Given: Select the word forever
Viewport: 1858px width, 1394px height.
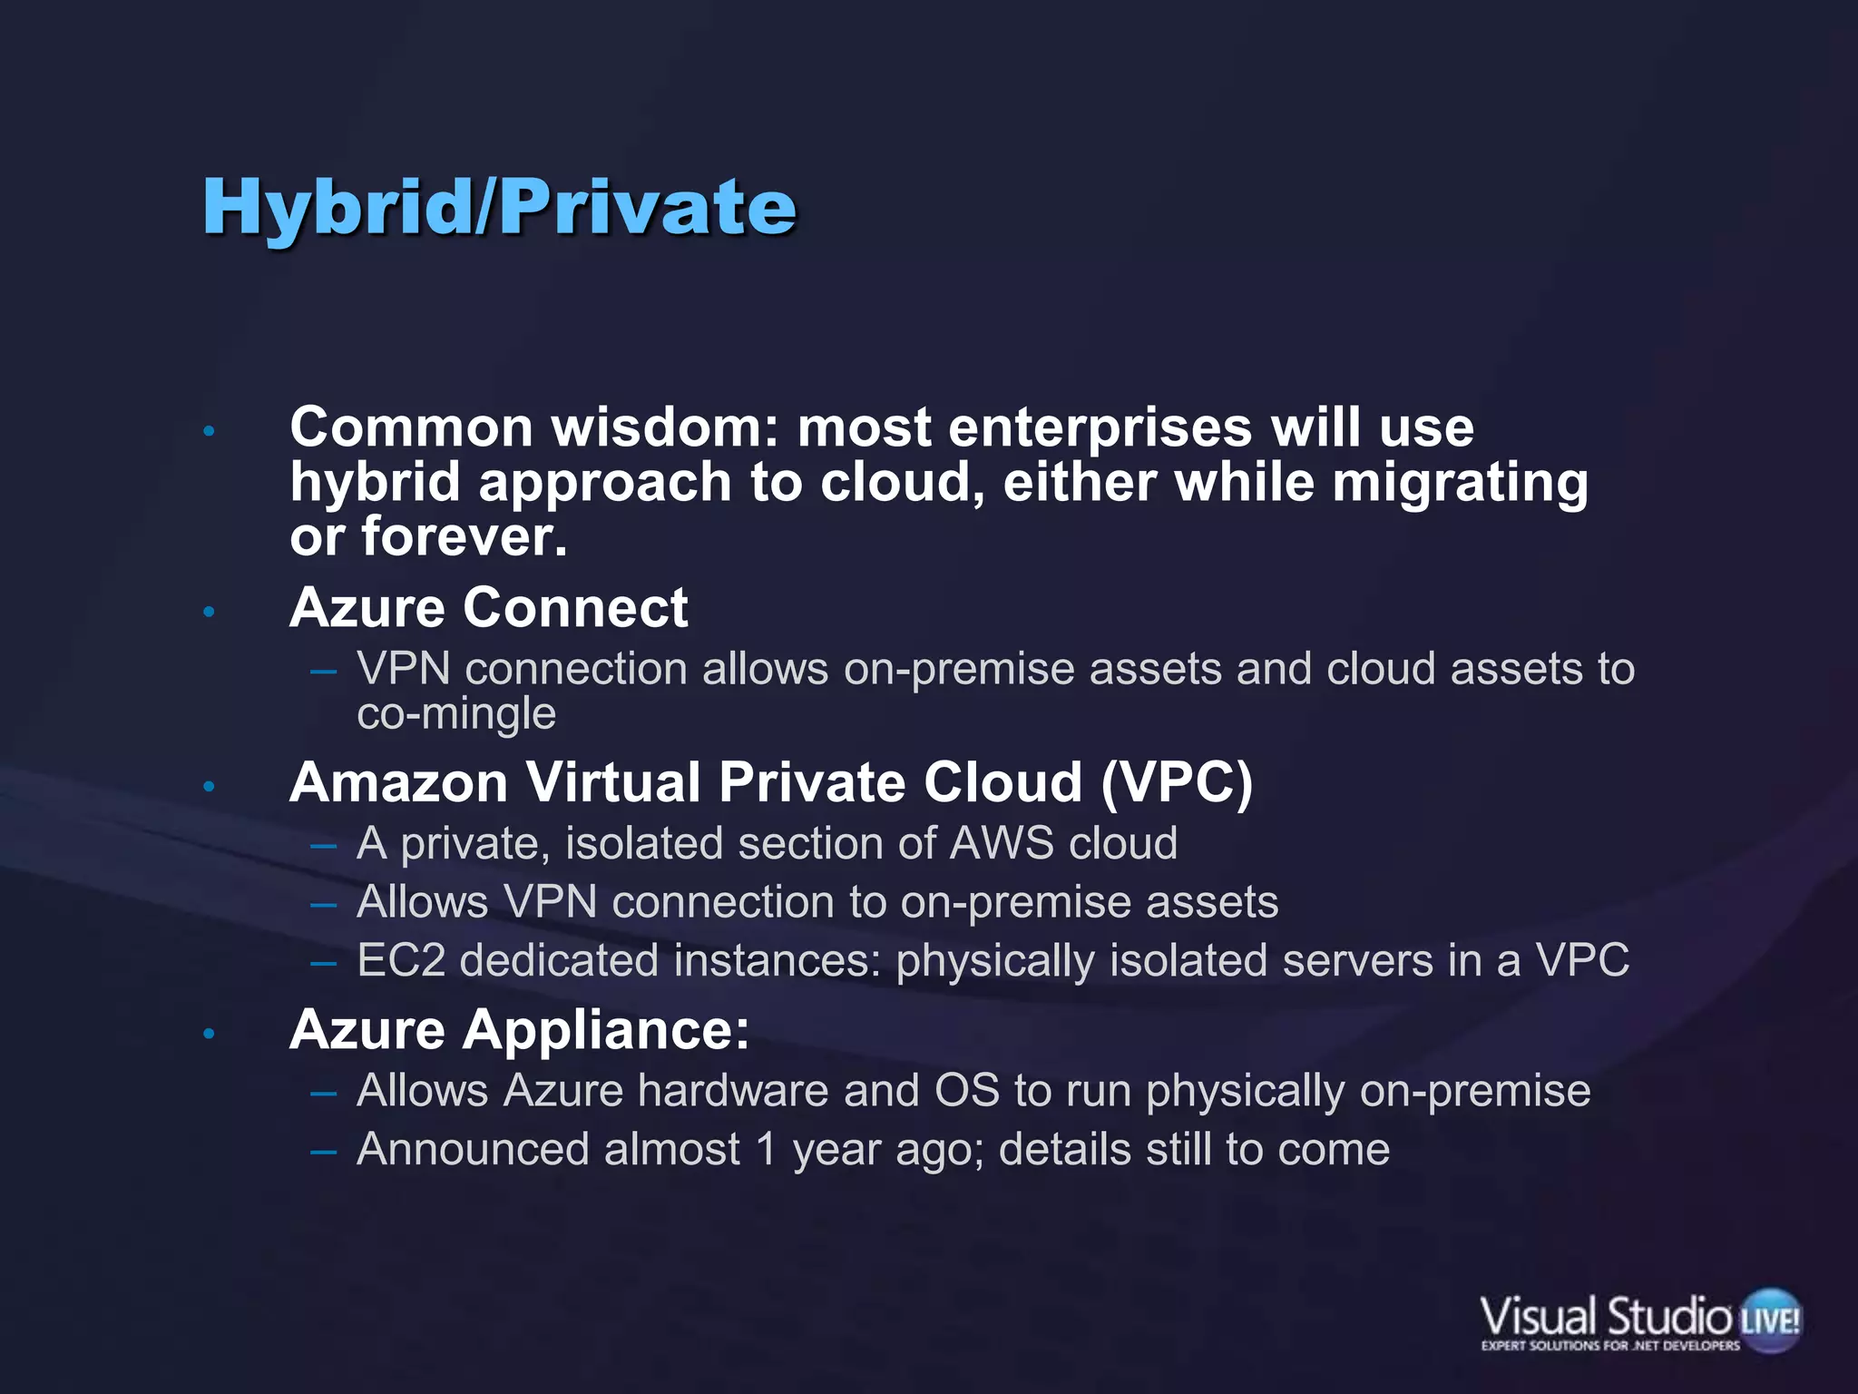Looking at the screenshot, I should pyautogui.click(x=464, y=536).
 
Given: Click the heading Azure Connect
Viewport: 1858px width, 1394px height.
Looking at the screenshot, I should pyautogui.click(x=488, y=607).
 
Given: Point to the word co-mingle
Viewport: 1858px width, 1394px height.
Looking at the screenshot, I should pyautogui.click(x=456, y=714).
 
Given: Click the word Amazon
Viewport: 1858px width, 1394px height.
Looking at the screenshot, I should pyautogui.click(x=398, y=782).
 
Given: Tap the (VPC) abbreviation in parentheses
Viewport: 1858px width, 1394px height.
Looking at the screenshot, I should pyautogui.click(x=1177, y=782).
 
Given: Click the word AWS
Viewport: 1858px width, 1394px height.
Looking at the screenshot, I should pyautogui.click(x=1002, y=843).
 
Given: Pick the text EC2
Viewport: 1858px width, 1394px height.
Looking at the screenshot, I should pyautogui.click(x=401, y=960).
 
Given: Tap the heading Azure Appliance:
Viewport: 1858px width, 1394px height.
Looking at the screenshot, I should pyautogui.click(x=519, y=1030).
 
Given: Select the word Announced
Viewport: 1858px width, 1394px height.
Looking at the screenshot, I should pyautogui.click(x=471, y=1149).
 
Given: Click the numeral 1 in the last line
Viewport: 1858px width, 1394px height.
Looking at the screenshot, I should pyautogui.click(x=767, y=1149).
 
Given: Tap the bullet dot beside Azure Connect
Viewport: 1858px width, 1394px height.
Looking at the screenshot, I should pyautogui.click(x=209, y=612).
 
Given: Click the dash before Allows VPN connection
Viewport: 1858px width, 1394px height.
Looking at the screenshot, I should pyautogui.click(x=323, y=904).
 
